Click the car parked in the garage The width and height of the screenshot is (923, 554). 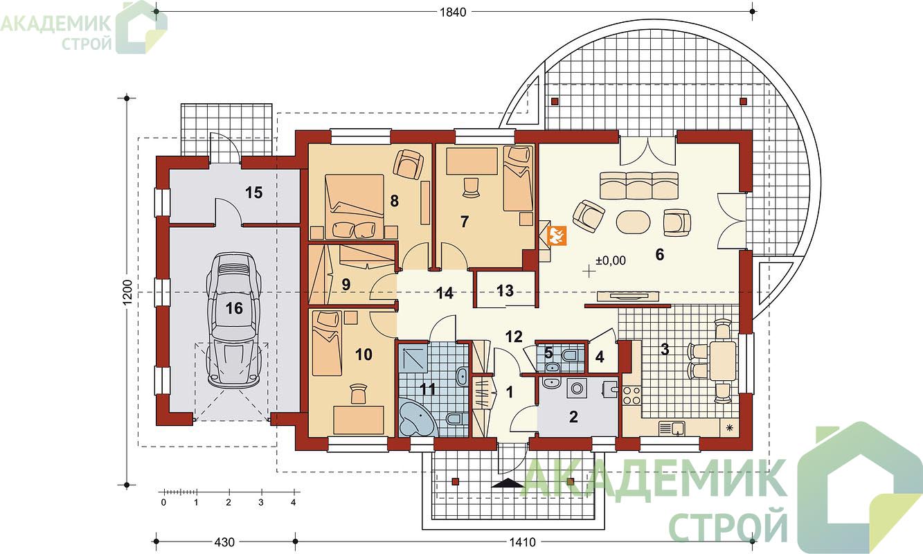point(234,319)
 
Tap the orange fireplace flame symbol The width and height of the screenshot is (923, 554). point(556,235)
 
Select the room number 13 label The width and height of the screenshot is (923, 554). point(505,291)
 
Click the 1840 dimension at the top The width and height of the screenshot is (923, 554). point(453,12)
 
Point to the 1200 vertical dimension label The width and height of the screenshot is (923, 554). point(127,292)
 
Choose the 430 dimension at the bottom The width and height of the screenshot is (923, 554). point(224,542)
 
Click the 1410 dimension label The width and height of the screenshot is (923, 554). point(523,542)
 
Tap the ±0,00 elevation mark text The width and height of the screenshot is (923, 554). point(611,260)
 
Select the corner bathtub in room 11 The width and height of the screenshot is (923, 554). point(418,417)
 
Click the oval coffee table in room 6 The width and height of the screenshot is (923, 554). point(633,222)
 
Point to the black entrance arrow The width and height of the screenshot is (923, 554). point(507,483)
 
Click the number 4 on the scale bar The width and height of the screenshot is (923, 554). point(293,503)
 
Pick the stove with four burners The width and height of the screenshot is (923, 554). point(631,395)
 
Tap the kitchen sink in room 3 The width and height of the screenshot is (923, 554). point(672,428)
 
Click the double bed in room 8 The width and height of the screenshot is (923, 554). point(355,207)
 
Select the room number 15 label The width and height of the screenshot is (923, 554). point(253,193)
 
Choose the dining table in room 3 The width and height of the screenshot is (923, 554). point(723,361)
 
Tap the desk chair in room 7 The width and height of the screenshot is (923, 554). point(471,188)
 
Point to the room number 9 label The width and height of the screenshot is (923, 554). point(346,284)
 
